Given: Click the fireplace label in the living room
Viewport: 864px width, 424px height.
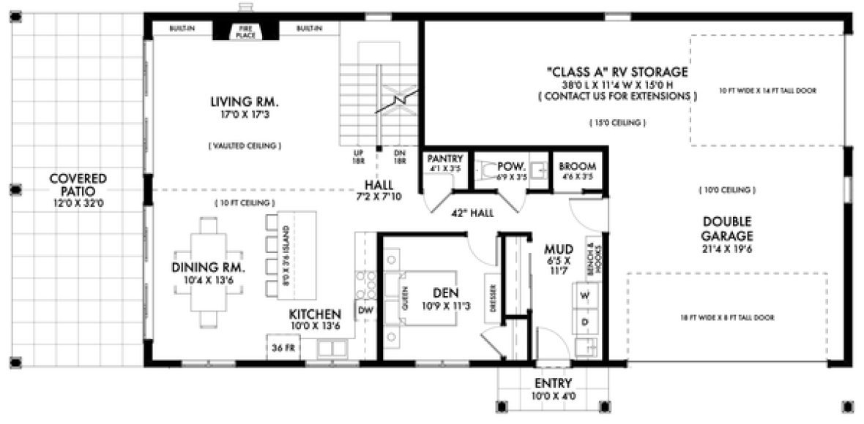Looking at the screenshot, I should (x=245, y=31).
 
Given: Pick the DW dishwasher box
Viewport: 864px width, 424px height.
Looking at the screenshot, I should (x=365, y=310).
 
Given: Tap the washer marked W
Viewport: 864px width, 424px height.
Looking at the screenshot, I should (x=585, y=296).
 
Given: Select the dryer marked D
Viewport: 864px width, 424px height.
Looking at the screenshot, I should (x=585, y=321).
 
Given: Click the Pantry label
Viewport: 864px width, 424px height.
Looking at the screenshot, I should (x=445, y=158).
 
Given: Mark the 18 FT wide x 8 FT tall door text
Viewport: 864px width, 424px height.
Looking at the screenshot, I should (x=727, y=317).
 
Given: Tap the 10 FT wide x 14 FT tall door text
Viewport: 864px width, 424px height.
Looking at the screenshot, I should (x=767, y=91).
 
